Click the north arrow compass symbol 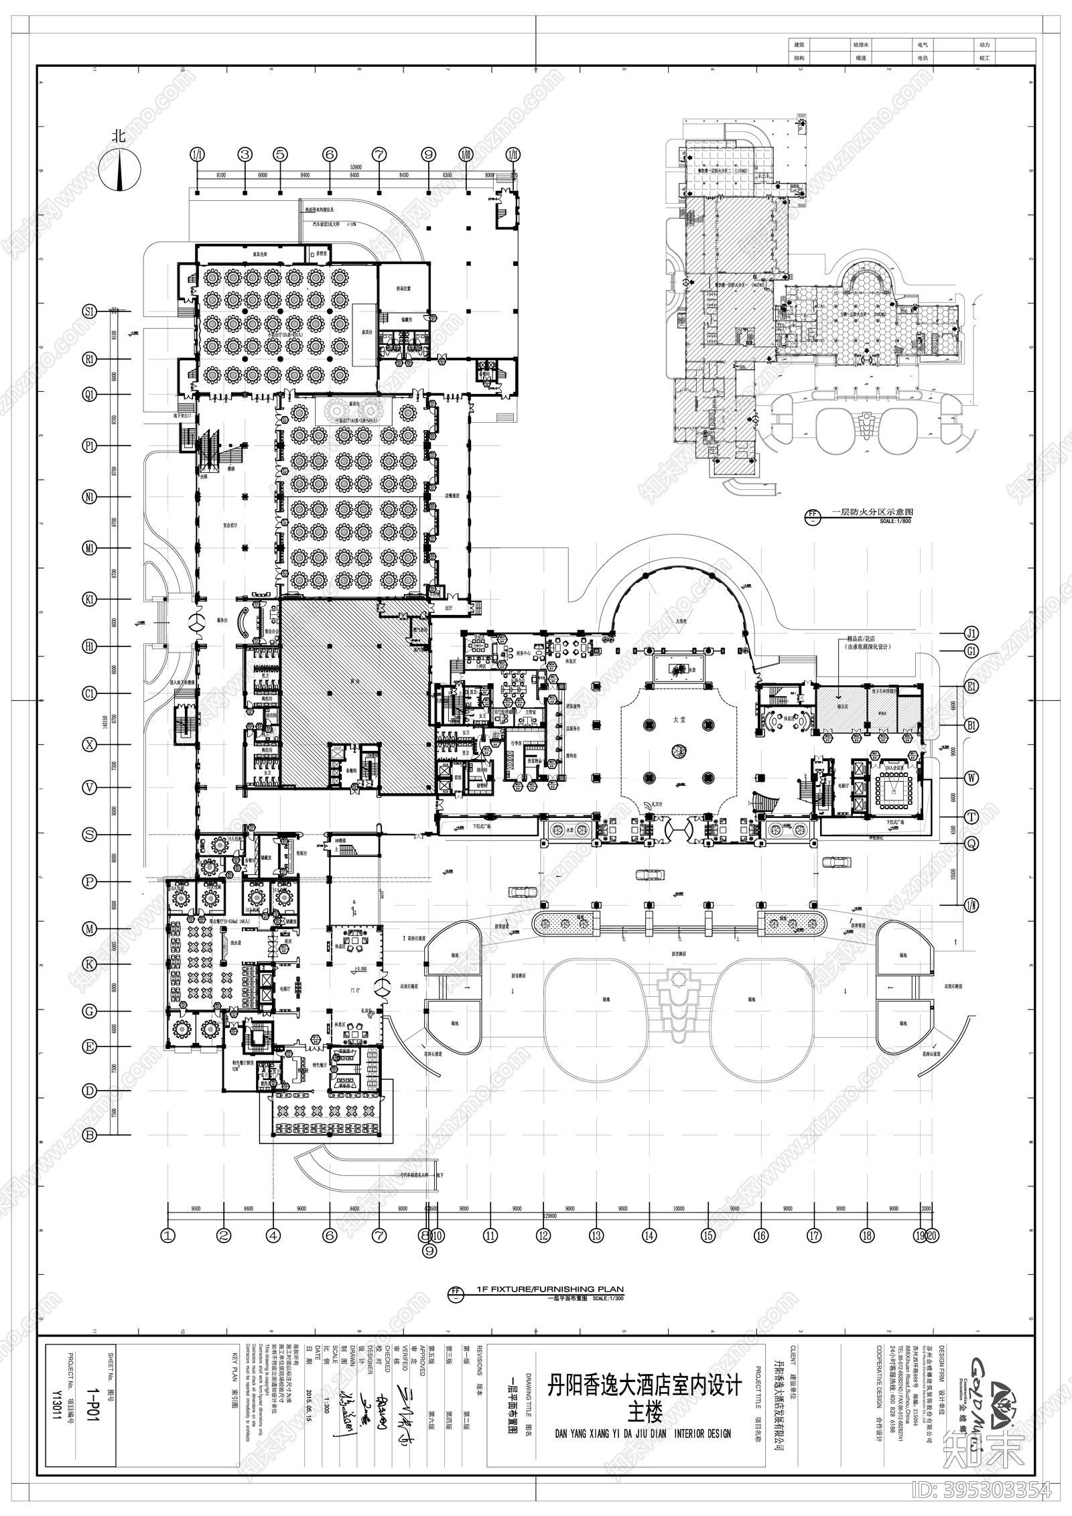[x=120, y=170]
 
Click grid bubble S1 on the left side [x=89, y=312]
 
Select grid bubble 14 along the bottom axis [x=648, y=1235]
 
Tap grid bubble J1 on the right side [x=972, y=633]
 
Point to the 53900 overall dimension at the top [x=356, y=165]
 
